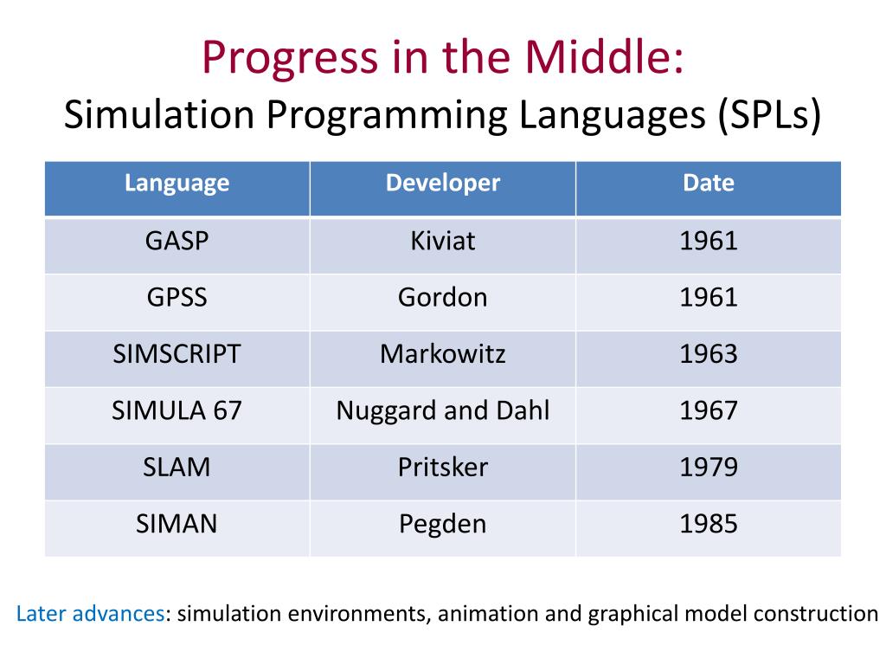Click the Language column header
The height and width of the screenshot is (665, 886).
click(x=177, y=184)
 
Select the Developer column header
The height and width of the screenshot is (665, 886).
click(x=442, y=184)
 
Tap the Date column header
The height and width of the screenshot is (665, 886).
click(x=708, y=184)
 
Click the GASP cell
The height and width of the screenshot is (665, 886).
click(x=177, y=241)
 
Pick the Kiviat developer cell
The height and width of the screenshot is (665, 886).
click(x=442, y=241)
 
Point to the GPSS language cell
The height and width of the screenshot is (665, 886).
click(x=177, y=298)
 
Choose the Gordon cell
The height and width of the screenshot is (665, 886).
click(x=442, y=298)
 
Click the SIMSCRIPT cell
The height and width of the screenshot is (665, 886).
click(x=177, y=354)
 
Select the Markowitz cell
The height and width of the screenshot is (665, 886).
click(x=442, y=354)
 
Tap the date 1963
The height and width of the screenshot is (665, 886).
click(x=708, y=354)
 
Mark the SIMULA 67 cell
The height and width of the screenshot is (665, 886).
click(x=177, y=410)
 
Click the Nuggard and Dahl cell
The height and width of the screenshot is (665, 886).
click(x=442, y=410)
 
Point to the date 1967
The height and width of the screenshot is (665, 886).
click(x=708, y=410)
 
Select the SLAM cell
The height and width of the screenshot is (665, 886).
click(x=177, y=468)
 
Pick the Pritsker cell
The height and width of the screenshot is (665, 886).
click(x=442, y=468)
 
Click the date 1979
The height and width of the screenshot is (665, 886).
click(x=708, y=468)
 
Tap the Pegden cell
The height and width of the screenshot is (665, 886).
click(x=442, y=524)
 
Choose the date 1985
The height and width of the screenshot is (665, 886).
click(x=708, y=524)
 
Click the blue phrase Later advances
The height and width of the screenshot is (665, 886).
click(x=90, y=615)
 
